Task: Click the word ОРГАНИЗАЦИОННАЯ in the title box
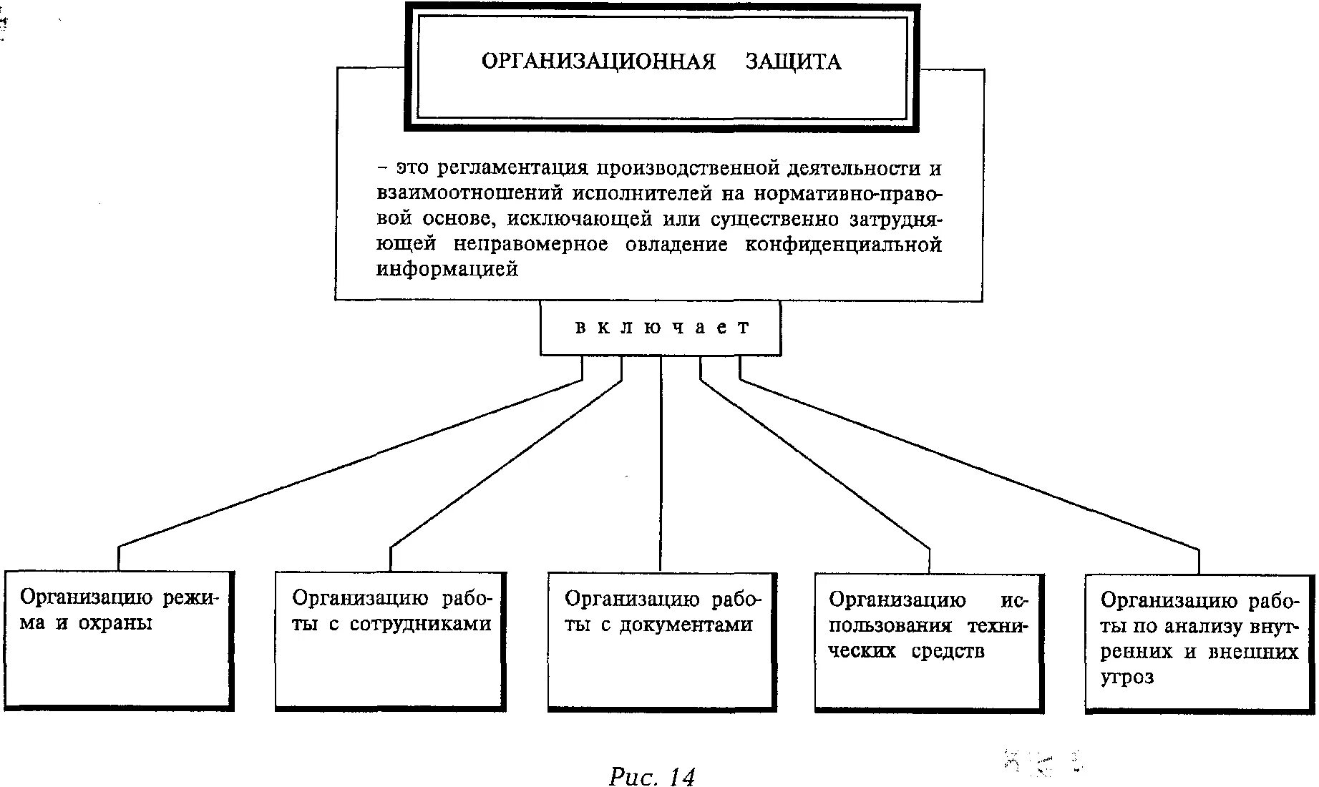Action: click(x=598, y=62)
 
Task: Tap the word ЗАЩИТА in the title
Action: click(x=793, y=62)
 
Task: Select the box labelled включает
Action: click(x=660, y=328)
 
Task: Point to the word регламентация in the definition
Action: click(x=512, y=169)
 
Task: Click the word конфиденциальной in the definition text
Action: click(x=843, y=245)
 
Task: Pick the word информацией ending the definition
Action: click(x=447, y=270)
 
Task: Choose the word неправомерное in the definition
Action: click(x=530, y=245)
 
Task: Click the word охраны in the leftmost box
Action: click(x=115, y=623)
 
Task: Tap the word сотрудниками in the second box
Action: click(x=420, y=624)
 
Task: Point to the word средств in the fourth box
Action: click(x=948, y=651)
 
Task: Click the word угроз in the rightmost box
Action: click(x=1127, y=677)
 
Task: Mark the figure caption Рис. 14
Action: click(x=651, y=776)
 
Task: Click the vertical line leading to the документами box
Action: click(x=661, y=465)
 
